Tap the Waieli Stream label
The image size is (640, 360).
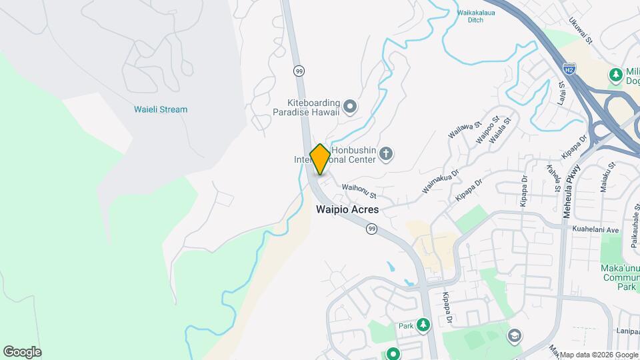click(x=161, y=109)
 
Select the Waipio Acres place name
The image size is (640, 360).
click(x=347, y=209)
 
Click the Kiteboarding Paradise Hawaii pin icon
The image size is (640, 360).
click(x=350, y=106)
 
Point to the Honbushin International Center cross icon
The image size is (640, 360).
click(x=385, y=155)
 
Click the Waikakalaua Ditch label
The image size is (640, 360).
click(x=479, y=16)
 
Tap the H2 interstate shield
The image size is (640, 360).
click(x=568, y=69)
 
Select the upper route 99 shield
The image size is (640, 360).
click(x=299, y=70)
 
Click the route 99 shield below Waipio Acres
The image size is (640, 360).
click(x=371, y=229)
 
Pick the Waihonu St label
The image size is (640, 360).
click(x=359, y=191)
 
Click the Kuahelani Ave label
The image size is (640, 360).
click(x=596, y=229)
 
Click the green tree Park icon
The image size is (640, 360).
click(x=423, y=325)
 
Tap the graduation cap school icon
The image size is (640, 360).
click(x=514, y=335)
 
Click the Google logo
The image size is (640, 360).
click(x=22, y=352)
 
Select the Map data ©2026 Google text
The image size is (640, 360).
click(x=598, y=355)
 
